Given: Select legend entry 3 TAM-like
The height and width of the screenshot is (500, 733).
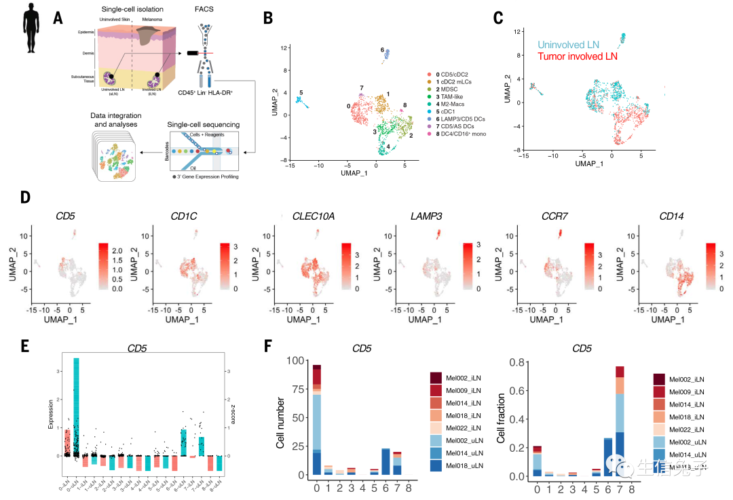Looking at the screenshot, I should click(x=451, y=98).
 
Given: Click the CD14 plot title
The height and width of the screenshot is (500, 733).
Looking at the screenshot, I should click(x=671, y=217).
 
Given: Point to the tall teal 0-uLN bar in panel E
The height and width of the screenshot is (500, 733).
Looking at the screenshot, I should click(x=77, y=407).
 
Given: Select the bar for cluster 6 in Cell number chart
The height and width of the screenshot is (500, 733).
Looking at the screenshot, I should click(x=386, y=461).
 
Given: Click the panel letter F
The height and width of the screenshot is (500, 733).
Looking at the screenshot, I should click(x=268, y=345).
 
